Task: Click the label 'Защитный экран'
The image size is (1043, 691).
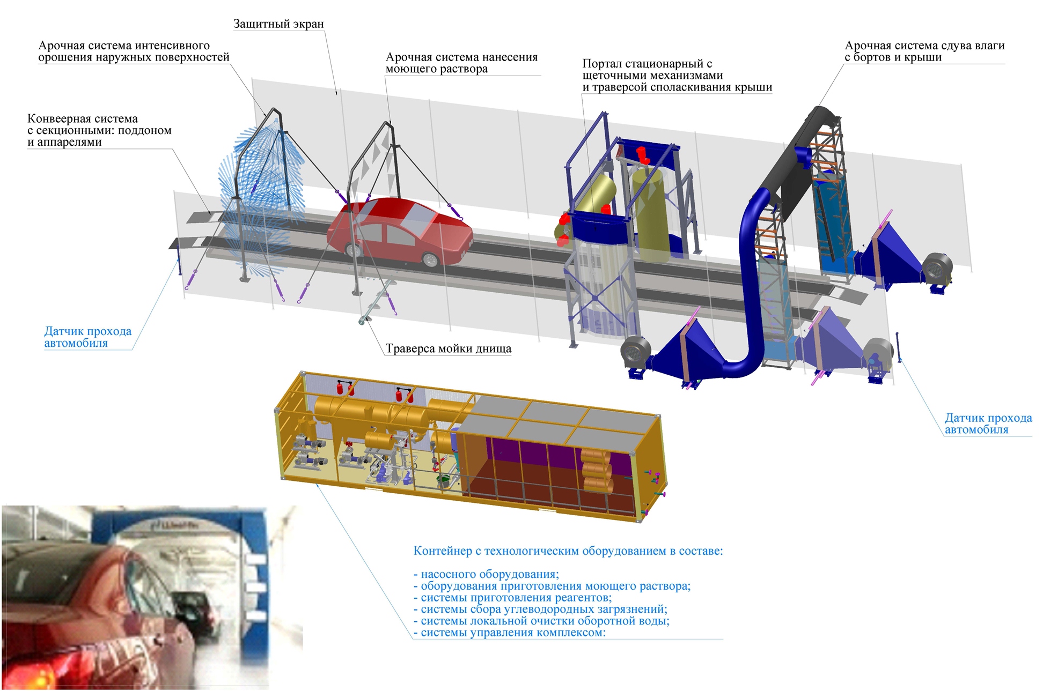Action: coord(278,24)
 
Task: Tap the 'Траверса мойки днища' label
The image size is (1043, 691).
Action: coord(448,349)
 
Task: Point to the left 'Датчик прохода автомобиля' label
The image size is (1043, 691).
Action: coord(87,337)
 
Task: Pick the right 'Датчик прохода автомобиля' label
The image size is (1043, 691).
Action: coord(988,423)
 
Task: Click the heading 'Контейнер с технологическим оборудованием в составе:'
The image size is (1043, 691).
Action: coord(568,551)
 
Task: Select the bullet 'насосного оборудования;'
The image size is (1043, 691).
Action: coord(486,574)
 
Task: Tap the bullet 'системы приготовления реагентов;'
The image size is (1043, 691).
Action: coord(512,598)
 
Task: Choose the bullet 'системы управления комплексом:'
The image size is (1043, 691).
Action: coord(509,633)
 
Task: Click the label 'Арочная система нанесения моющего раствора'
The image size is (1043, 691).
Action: coord(461,63)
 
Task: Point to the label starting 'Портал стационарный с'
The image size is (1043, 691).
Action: coord(677,76)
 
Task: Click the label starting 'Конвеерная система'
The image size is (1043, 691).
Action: coord(99,130)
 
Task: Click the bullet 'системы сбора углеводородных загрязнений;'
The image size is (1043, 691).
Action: coord(540,610)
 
